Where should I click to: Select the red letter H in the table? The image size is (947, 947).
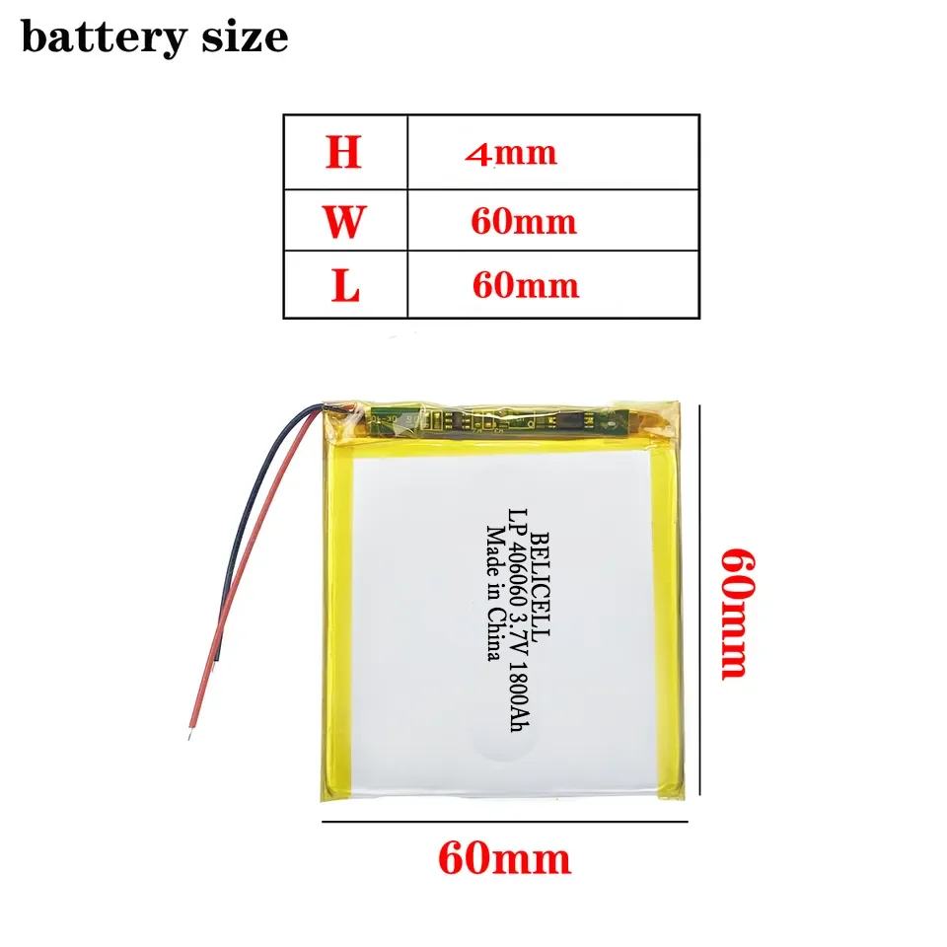coord(343,153)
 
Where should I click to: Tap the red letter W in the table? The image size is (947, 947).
coord(343,221)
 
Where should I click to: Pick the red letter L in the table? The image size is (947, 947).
coord(345,286)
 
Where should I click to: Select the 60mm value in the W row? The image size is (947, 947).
coord(523,221)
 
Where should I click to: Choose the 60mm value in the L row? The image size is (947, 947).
coord(525,286)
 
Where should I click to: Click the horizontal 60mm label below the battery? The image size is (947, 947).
coord(504,859)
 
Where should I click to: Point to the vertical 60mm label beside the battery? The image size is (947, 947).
coord(741,613)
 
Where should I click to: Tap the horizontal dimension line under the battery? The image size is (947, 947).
coord(503,820)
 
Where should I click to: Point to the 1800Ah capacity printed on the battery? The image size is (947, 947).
coord(515,700)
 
